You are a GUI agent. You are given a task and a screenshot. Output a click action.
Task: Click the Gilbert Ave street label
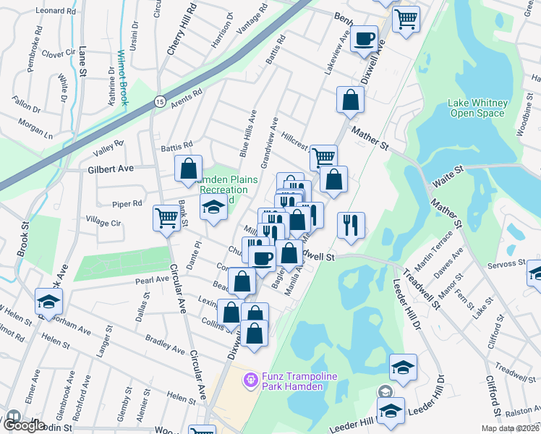[x=111, y=169]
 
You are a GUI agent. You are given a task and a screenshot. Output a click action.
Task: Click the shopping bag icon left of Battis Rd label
[x=188, y=169]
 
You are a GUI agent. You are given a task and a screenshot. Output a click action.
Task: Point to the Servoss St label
[x=506, y=263]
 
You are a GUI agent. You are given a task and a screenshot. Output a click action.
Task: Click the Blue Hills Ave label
[x=248, y=133]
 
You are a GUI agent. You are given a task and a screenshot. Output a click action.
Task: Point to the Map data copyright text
[x=510, y=428]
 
